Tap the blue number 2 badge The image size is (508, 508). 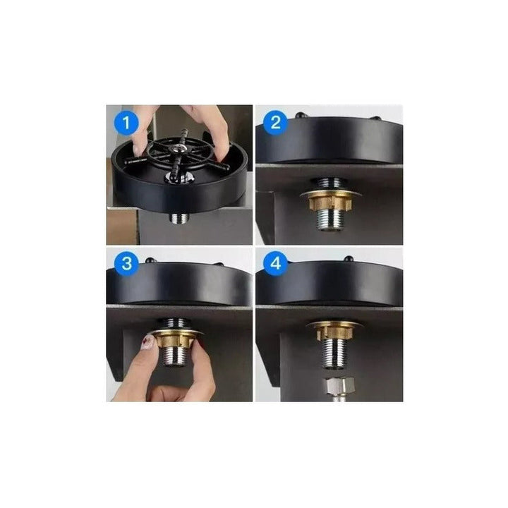276,123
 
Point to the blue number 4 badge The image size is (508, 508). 276,265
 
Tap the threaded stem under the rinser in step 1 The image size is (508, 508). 179,218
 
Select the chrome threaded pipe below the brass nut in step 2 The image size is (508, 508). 329,222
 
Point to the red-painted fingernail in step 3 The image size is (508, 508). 147,341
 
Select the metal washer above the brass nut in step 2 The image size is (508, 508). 329,193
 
